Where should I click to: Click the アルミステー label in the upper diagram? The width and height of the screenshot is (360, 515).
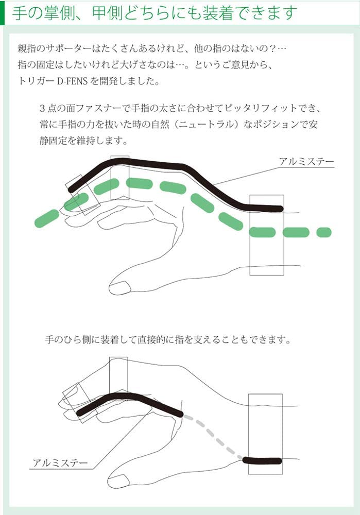(x=306, y=162)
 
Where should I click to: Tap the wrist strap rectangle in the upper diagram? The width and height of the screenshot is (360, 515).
(x=266, y=257)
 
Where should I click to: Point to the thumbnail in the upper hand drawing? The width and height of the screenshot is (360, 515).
(x=120, y=286)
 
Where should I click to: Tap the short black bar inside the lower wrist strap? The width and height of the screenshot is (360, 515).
(x=263, y=460)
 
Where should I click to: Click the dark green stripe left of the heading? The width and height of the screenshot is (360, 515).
(x=3, y=11)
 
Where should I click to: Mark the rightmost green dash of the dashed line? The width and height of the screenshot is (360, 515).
(x=323, y=232)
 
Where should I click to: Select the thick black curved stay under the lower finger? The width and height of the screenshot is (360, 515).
(x=129, y=399)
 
